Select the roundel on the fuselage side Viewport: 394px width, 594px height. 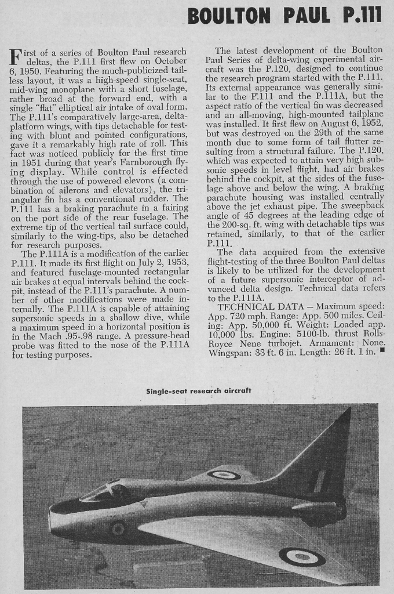pos(118,528)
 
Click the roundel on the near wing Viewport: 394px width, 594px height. pos(301,557)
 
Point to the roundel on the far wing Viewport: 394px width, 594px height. pos(224,475)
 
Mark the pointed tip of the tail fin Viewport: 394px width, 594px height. pos(349,409)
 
